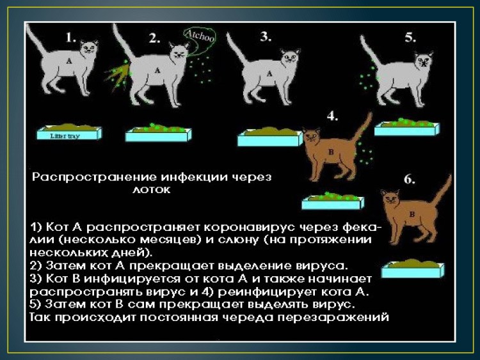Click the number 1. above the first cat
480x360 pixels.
coord(71,38)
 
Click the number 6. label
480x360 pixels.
coord(410,180)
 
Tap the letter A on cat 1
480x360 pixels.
coord(67,61)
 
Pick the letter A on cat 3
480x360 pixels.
coord(269,73)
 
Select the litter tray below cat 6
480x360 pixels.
coord(413,269)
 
